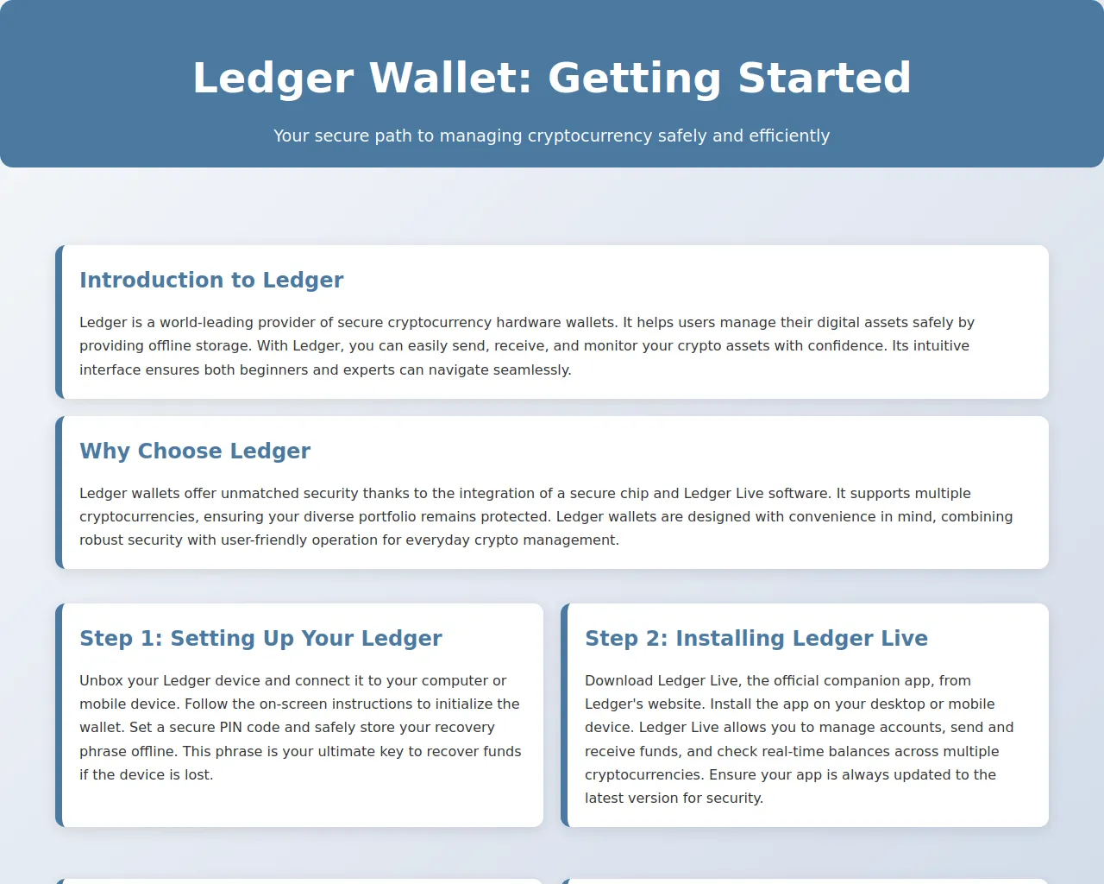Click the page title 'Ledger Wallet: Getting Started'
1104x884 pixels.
tap(551, 78)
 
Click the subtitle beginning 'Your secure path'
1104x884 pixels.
tap(551, 136)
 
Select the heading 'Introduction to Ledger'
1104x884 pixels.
tap(211, 280)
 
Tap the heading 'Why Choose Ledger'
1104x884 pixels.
tap(195, 451)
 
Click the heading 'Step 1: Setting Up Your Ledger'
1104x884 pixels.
tap(260, 639)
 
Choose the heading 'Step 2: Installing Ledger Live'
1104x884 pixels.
tap(756, 639)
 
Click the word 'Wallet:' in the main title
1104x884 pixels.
tap(450, 78)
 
